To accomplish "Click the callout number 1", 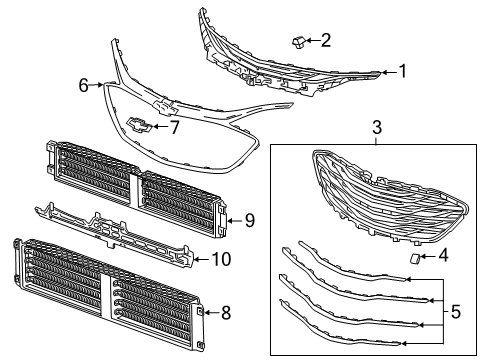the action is coord(403,71).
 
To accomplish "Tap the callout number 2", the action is coord(325,40).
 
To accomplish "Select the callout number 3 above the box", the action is coord(377,128).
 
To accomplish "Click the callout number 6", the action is coord(84,86).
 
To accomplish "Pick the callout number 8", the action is coord(225,313).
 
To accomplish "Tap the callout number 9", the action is coord(250,220).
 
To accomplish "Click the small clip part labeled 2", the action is coord(298,40).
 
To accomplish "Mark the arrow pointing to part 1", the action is coord(387,72).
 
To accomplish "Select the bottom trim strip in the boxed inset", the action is coord(360,336).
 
